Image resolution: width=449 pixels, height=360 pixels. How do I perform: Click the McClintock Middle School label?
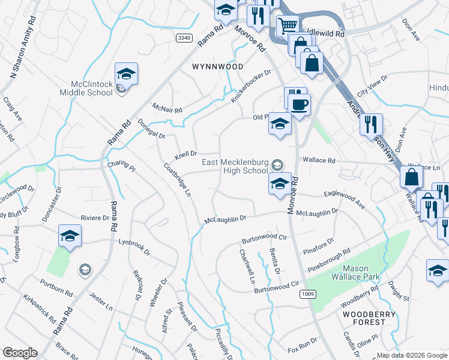coord(86,88)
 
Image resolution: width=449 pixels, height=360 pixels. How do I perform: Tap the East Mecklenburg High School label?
coord(234,166)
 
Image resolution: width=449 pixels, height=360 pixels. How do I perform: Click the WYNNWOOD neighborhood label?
coord(217,66)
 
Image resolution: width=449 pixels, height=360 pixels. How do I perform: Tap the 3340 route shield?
coord(184,37)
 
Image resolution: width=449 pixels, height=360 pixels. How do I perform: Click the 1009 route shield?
coord(307,293)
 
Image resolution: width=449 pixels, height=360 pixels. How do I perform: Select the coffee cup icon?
coord(299,104)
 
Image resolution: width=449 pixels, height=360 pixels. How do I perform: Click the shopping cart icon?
coord(288,25)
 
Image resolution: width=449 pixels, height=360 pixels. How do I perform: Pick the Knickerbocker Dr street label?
coord(252,86)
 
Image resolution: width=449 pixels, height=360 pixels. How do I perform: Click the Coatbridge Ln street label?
coord(178,179)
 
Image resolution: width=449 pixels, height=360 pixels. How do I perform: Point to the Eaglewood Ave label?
coord(345,200)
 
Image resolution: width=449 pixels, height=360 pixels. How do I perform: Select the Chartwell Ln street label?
coord(249,267)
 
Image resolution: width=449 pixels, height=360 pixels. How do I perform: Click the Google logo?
coord(20,352)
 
